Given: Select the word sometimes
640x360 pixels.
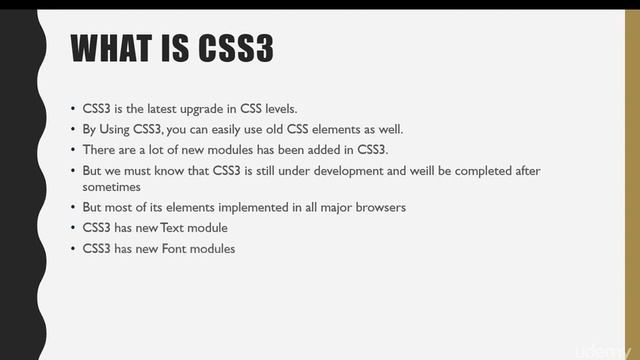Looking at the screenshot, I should coord(111,186).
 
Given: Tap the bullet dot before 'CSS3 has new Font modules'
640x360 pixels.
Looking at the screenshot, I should coord(73,249).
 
